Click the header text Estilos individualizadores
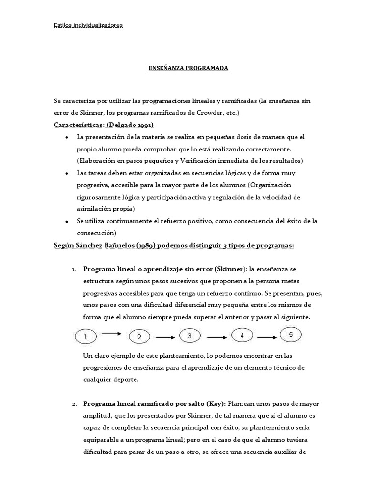pyautogui.click(x=88, y=25)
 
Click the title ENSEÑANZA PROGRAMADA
pyautogui.click(x=188, y=68)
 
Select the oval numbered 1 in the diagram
pyautogui.click(x=85, y=337)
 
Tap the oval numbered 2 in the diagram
pyautogui.click(x=139, y=337)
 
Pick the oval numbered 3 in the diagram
pyautogui.click(x=190, y=336)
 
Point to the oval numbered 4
pyautogui.click(x=242, y=336)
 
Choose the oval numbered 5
pyautogui.click(x=291, y=335)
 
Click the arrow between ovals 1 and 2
pyautogui.click(x=112, y=334)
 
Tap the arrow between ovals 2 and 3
pyautogui.click(x=164, y=337)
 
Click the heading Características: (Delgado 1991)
pyautogui.click(x=104, y=125)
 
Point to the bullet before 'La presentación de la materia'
pyautogui.click(x=66, y=137)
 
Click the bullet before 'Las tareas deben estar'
pyautogui.click(x=66, y=174)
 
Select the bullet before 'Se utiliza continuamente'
pyautogui.click(x=66, y=222)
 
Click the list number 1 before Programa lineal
pyautogui.click(x=74, y=270)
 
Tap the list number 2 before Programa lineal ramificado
pyautogui.click(x=74, y=404)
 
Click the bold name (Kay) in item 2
pyautogui.click(x=216, y=403)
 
